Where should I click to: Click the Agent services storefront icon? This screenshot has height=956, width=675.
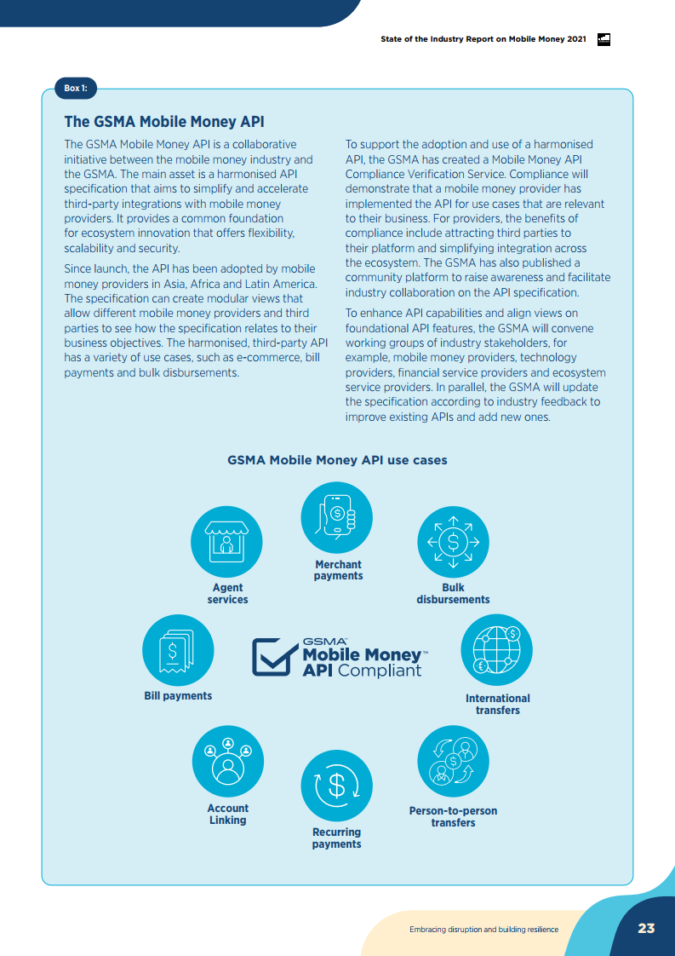tap(227, 542)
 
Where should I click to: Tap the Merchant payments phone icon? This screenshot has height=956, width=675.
tap(337, 517)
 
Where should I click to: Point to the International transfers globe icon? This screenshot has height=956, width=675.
tap(497, 650)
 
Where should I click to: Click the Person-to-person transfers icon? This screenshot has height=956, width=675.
tap(453, 760)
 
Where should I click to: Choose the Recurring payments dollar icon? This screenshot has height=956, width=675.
tap(337, 786)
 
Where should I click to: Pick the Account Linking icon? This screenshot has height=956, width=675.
tap(227, 761)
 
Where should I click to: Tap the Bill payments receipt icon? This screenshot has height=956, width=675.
tap(178, 651)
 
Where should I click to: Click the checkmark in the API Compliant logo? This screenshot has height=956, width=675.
tap(274, 657)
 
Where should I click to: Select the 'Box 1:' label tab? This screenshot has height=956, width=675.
tap(76, 88)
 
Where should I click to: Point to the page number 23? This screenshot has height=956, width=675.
tap(646, 928)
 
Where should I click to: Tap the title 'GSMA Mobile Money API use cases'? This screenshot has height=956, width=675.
tap(337, 460)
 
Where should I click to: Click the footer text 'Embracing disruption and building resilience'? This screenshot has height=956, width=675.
tap(483, 929)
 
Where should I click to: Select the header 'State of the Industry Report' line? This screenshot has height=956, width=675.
tap(483, 39)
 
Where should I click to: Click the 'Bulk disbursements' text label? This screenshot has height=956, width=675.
tap(453, 594)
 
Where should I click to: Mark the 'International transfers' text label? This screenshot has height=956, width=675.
tap(497, 704)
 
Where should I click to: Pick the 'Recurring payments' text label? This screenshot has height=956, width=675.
tap(337, 838)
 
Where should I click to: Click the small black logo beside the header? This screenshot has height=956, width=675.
tap(604, 39)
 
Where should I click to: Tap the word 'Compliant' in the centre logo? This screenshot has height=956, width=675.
tap(380, 671)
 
